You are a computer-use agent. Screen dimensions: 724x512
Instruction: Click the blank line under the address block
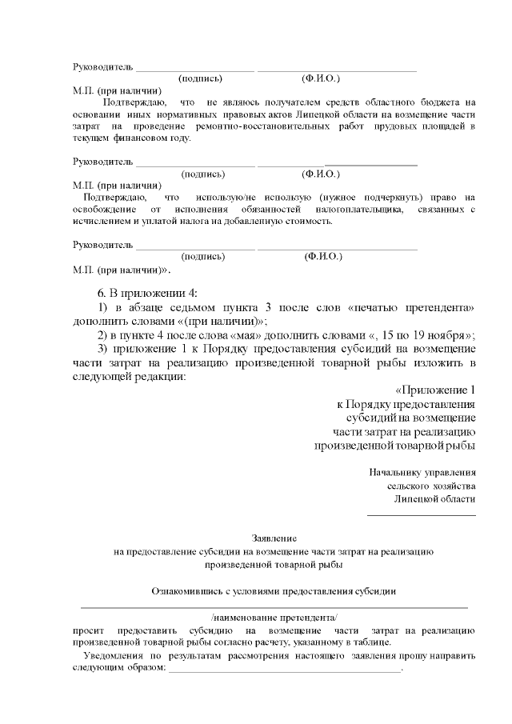(421, 513)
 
